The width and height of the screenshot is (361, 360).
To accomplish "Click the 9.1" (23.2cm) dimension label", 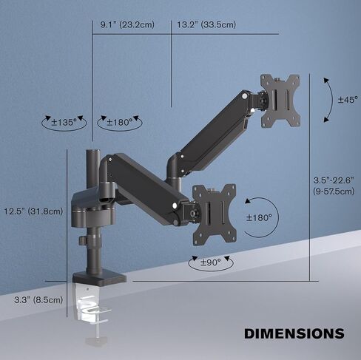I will (x=126, y=25).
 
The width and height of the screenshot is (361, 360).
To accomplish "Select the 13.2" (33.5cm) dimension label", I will (x=206, y=25).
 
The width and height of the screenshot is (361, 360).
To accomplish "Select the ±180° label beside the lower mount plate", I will (x=260, y=218).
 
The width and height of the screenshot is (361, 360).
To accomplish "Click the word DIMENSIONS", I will (x=294, y=333).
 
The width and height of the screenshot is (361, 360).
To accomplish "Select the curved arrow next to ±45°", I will (x=329, y=100).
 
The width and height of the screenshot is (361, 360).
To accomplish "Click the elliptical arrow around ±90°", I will (x=194, y=263).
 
